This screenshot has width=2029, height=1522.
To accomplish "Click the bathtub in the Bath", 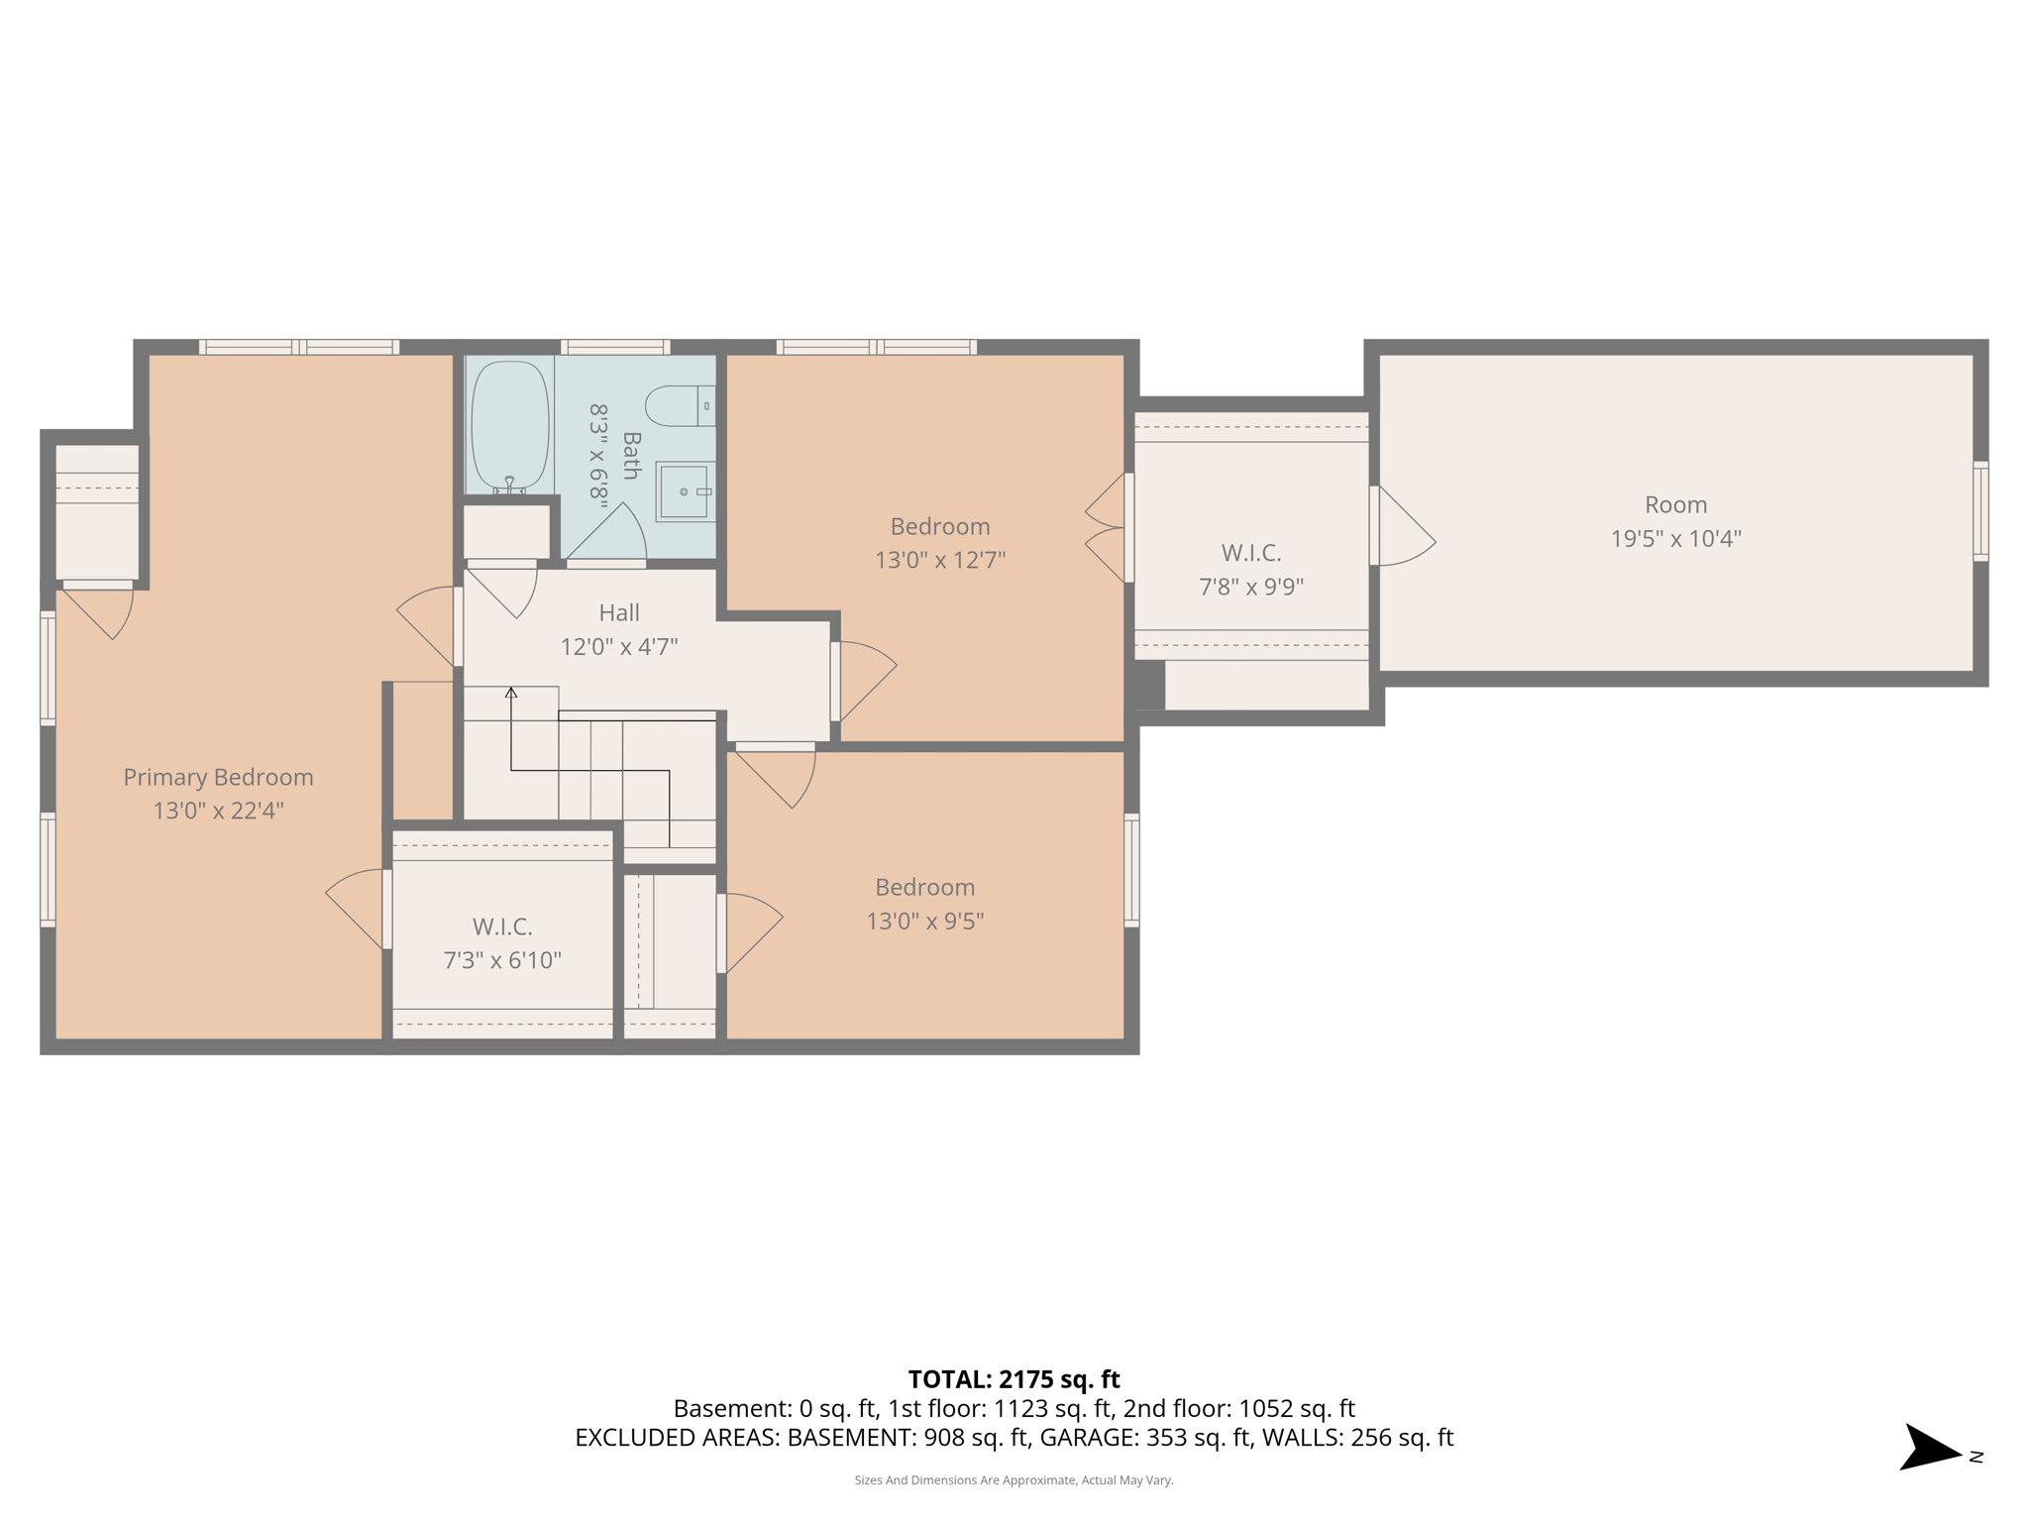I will click(510, 425).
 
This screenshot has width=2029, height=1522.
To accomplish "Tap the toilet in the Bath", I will click(679, 406).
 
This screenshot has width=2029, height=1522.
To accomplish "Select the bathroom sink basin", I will click(685, 491).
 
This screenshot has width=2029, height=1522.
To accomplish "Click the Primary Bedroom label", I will click(218, 778).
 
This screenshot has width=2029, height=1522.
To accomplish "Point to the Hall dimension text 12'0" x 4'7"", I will click(619, 647).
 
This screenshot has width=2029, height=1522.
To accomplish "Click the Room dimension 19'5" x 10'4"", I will click(1675, 539).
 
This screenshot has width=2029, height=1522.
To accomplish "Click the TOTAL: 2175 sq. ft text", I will click(1014, 1379).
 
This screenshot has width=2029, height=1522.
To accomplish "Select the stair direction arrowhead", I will click(511, 693).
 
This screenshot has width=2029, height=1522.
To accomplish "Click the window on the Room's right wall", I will click(1979, 511).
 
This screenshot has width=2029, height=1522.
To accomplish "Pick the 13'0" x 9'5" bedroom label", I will click(924, 888).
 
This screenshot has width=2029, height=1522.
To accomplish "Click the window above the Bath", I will click(615, 347).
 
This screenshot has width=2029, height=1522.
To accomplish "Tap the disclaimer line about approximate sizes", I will click(1014, 1480).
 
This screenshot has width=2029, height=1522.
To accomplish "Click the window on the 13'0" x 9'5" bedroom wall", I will click(1131, 870).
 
